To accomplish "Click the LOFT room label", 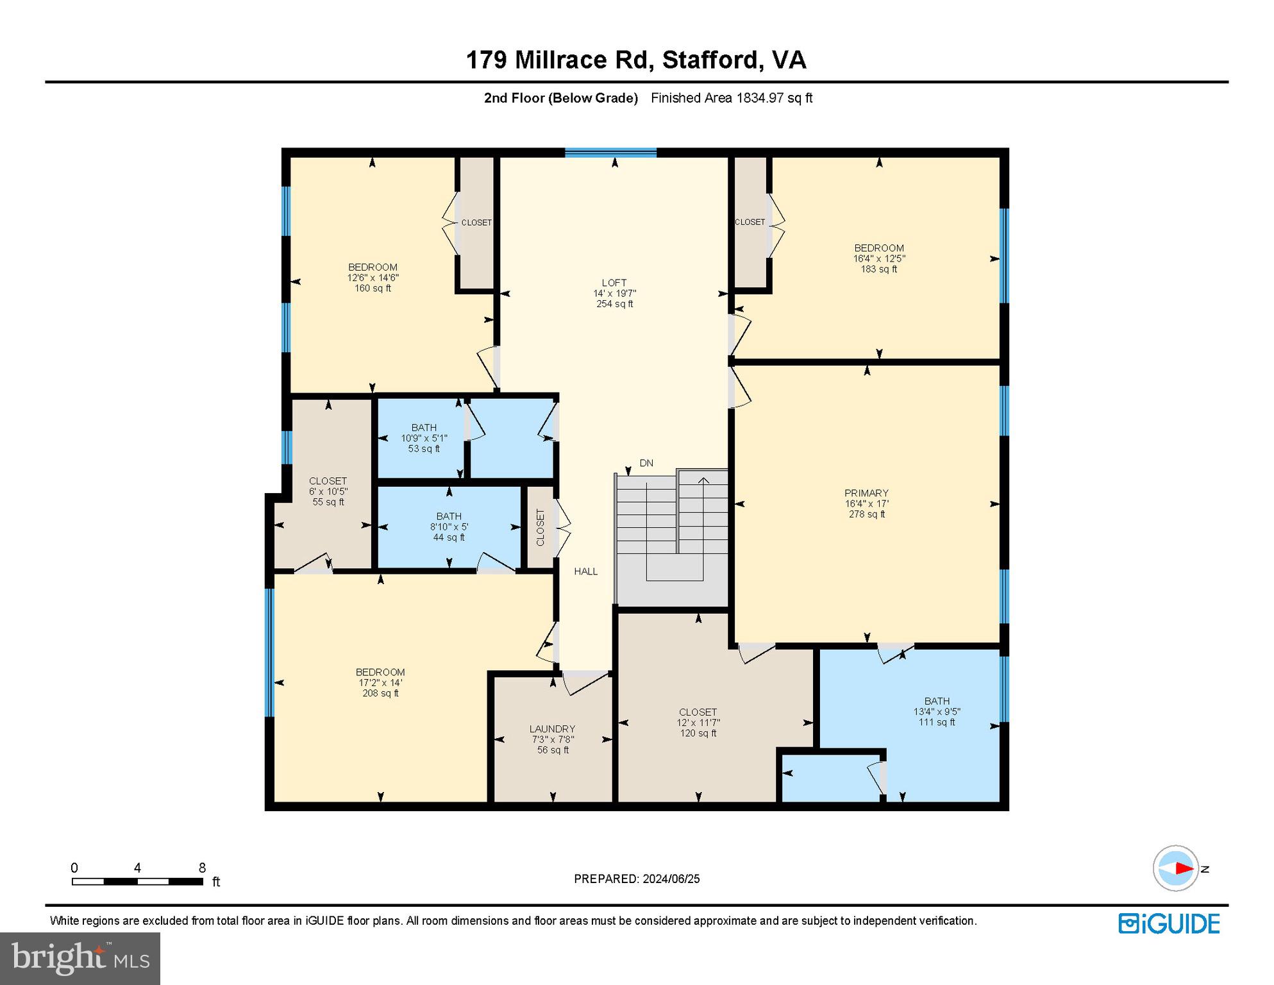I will [x=614, y=282].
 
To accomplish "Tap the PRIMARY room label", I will [x=866, y=493].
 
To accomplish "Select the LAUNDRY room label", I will [x=552, y=728].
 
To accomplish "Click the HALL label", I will [x=585, y=571].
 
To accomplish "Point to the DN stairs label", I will [x=646, y=463].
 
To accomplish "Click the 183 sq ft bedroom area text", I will [x=878, y=269].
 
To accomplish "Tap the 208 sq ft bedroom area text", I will [x=380, y=693].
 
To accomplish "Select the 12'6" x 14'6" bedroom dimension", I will [x=373, y=278].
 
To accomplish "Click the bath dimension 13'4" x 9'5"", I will [x=936, y=712].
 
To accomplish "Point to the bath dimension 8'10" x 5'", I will [x=449, y=526].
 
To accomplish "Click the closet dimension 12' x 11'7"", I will [x=698, y=723].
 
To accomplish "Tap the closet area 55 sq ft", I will [x=328, y=502].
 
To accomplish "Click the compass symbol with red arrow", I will [x=1175, y=868].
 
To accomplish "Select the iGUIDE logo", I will [x=1169, y=923].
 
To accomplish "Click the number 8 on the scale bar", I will [x=202, y=868].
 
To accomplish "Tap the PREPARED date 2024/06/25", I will [x=669, y=879].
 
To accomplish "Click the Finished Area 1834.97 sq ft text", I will [x=731, y=98].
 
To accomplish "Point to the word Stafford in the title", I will [x=711, y=60].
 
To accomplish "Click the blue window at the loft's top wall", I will [x=610, y=153].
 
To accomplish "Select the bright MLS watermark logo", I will [x=80, y=958].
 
